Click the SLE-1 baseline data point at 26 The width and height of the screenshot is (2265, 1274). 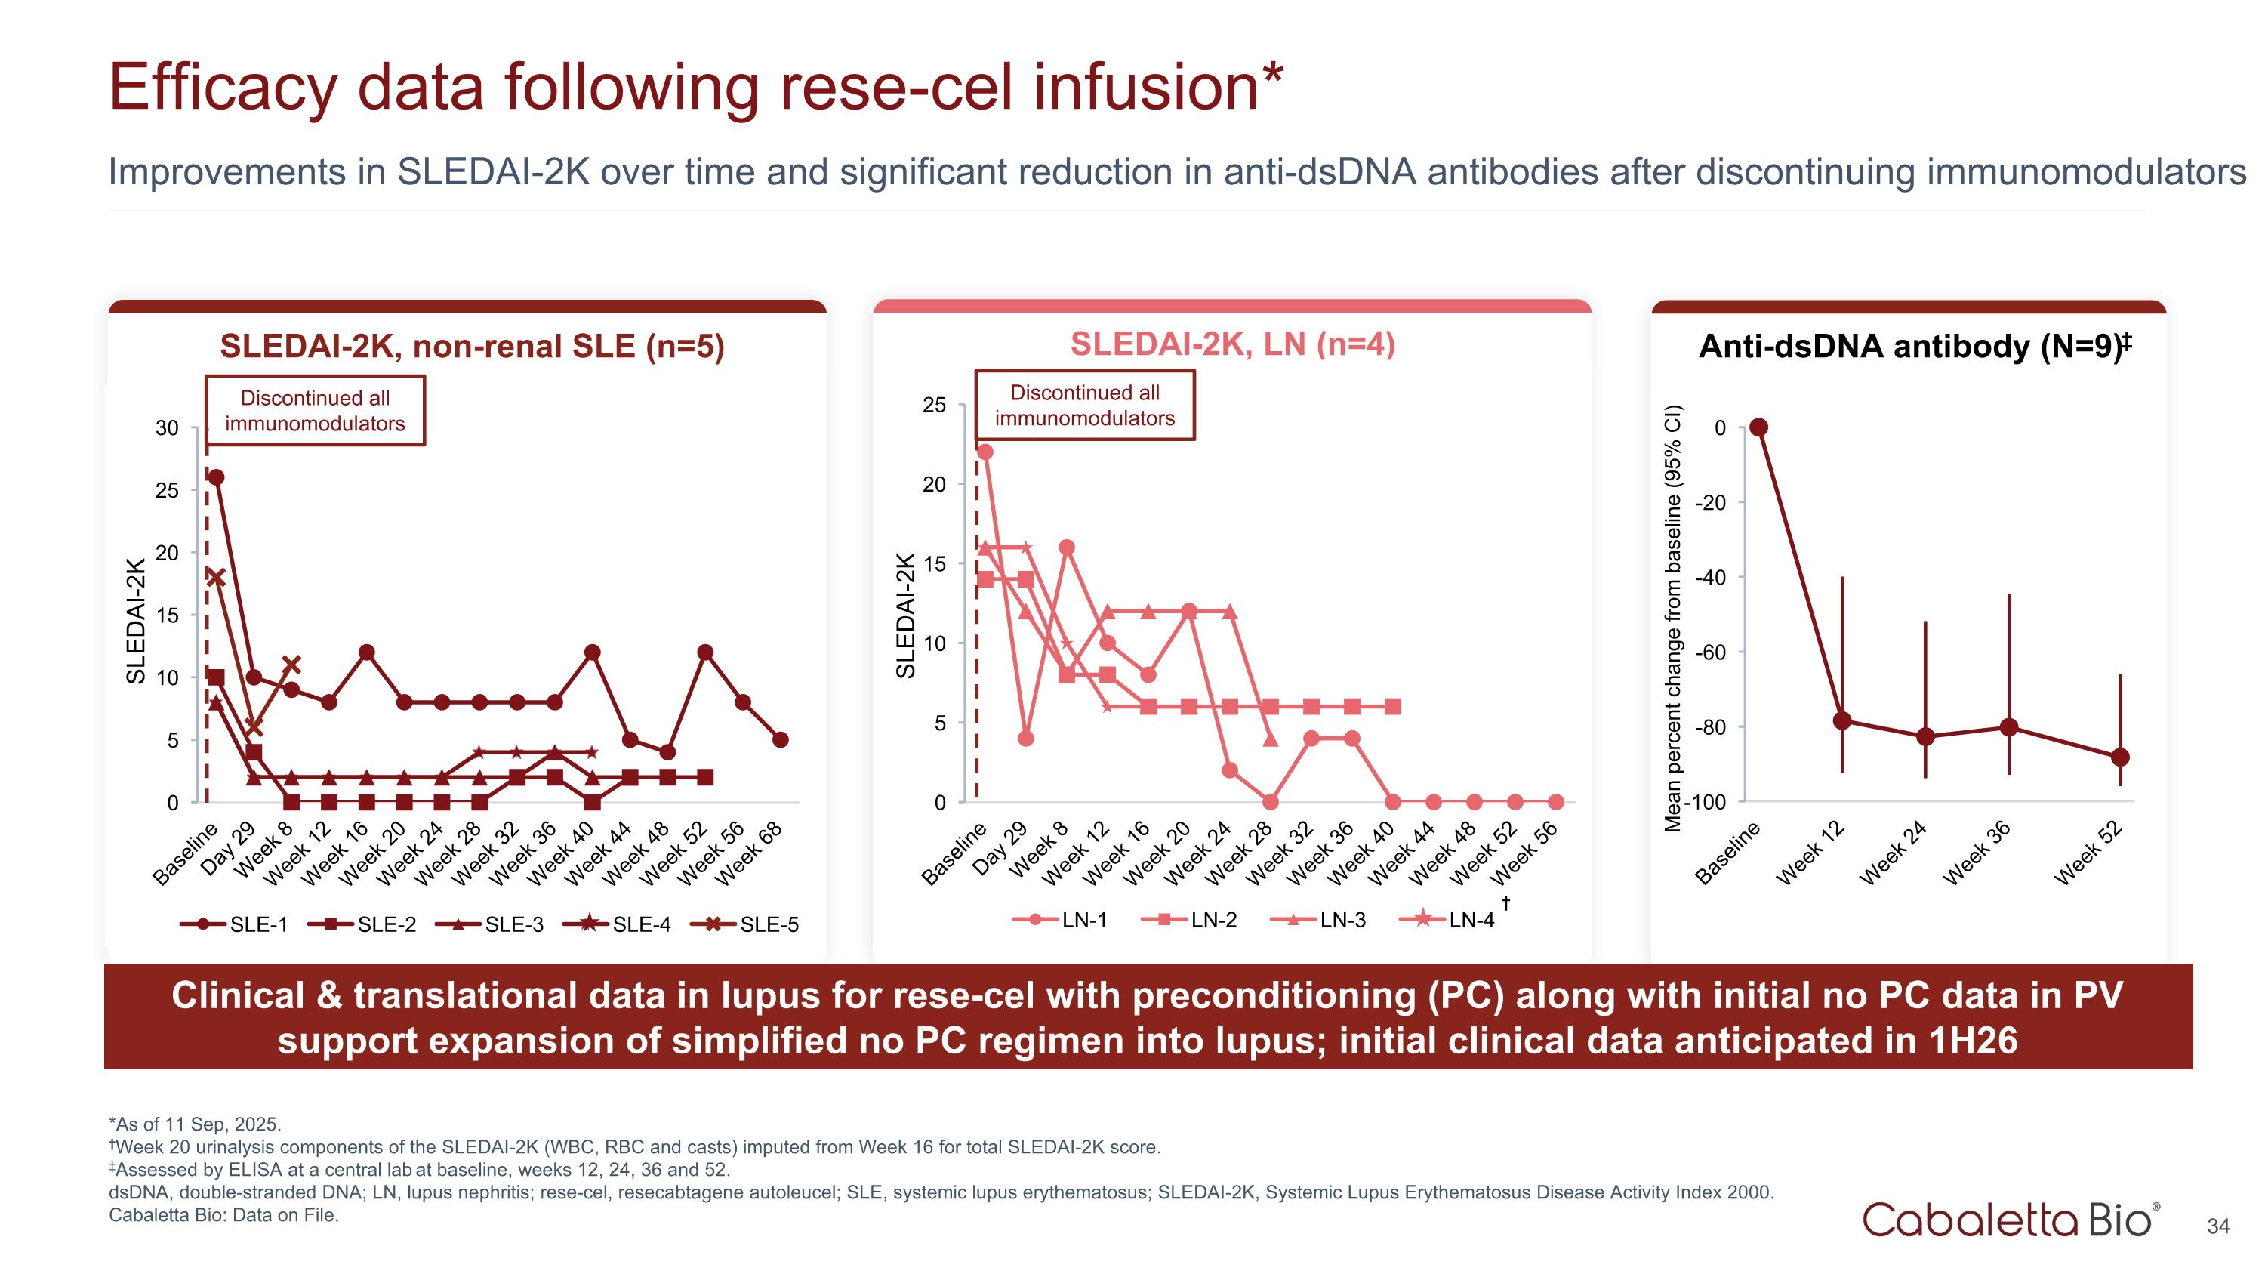tap(216, 477)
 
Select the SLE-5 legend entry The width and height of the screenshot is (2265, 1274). tap(746, 924)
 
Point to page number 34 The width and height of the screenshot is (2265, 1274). tap(2218, 1226)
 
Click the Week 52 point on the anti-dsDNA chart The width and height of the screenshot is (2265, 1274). tap(2120, 757)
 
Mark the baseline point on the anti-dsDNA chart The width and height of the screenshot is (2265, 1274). tap(1758, 427)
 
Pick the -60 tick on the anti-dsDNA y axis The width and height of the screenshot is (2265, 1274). tap(1711, 652)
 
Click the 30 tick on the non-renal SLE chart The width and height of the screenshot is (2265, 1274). tap(167, 428)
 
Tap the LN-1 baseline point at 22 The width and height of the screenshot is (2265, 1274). tap(985, 452)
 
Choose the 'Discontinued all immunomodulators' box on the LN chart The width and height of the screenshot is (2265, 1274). tap(1084, 406)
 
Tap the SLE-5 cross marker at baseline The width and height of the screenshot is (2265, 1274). tap(216, 578)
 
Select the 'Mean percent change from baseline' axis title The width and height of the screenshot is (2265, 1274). tap(1672, 617)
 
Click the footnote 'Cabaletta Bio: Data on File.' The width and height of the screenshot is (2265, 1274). tap(223, 1215)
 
